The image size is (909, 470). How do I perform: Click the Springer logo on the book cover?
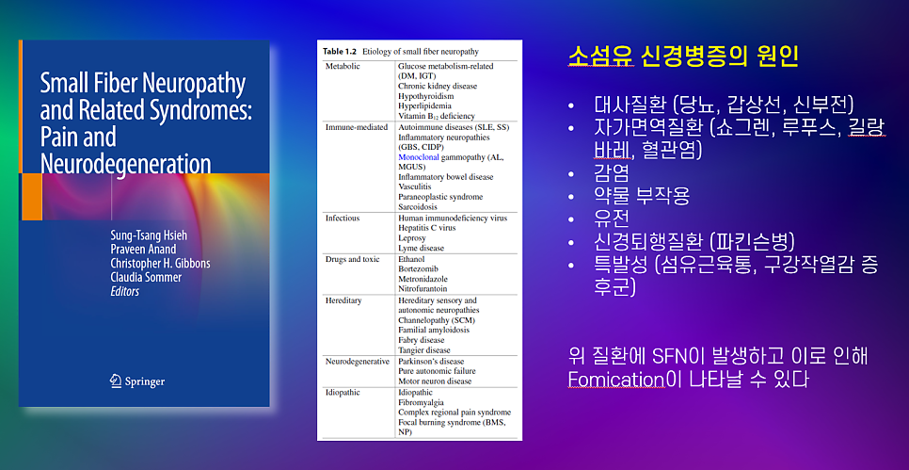pos(137,381)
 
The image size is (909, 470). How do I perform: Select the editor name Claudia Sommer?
pos(146,277)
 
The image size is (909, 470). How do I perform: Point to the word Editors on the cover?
pos(124,291)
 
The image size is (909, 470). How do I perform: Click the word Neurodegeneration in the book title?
pos(125,163)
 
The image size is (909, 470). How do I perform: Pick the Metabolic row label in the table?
pos(343,66)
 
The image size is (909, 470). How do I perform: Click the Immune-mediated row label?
pos(356,127)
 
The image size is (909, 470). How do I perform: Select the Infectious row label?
pos(342,219)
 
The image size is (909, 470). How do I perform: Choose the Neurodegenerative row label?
pos(358,361)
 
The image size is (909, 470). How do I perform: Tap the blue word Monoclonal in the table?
pos(419,156)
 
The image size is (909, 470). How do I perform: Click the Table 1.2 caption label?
pos(339,52)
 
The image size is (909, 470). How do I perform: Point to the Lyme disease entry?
pos(421,248)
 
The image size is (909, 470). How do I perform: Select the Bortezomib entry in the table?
pos(417,268)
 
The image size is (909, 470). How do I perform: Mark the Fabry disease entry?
pos(421,339)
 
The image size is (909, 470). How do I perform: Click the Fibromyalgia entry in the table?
pos(419,401)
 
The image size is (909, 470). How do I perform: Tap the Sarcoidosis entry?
pos(418,206)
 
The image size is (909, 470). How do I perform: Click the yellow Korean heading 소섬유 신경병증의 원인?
pos(684,57)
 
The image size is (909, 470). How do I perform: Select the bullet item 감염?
pos(611,173)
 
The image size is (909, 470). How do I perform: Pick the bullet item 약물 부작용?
pos(642,196)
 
